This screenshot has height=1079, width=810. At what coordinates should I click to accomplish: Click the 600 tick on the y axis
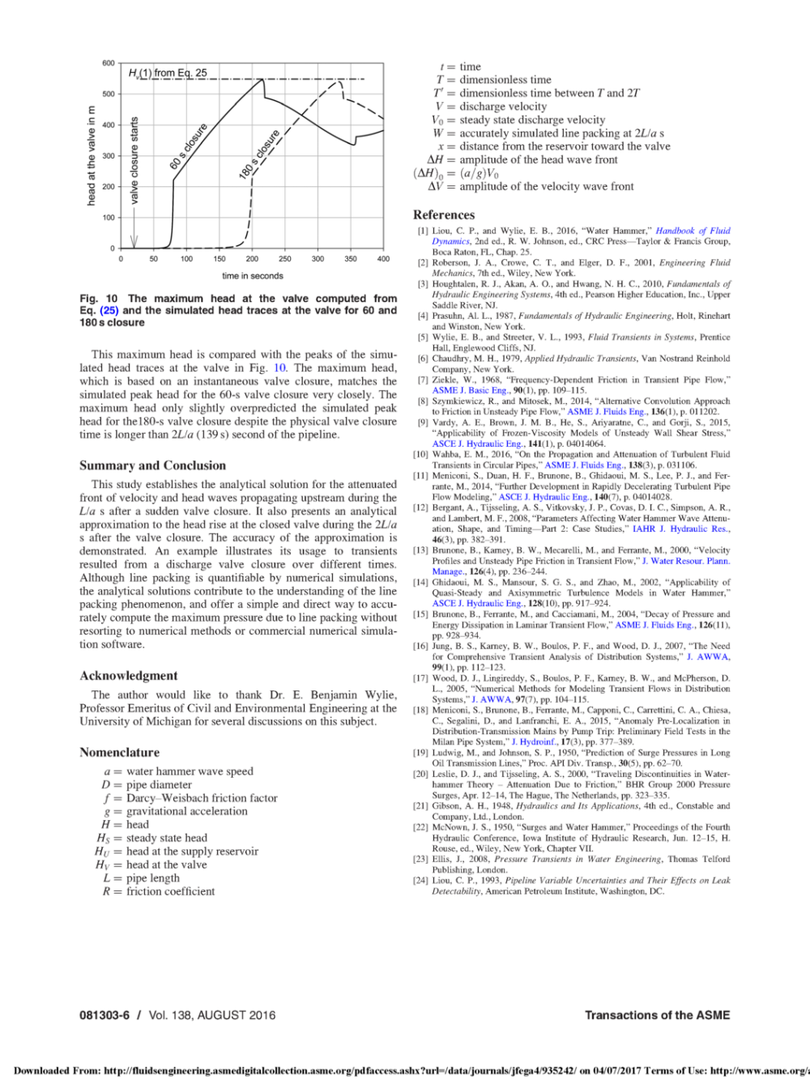(109, 63)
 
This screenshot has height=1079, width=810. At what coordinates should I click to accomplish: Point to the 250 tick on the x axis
(285, 259)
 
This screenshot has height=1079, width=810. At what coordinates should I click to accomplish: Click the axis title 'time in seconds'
(253, 276)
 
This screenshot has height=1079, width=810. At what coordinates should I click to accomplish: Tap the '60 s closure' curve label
(189, 147)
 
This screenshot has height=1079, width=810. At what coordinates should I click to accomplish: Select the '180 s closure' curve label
(259, 154)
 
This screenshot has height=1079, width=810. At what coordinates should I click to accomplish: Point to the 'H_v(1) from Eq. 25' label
(168, 73)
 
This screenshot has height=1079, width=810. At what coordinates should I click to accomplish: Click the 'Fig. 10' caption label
(99, 299)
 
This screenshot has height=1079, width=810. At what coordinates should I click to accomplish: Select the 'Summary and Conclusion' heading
(152, 465)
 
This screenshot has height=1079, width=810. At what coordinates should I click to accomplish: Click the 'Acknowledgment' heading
(128, 676)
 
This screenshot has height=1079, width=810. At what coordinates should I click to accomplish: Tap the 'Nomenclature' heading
(119, 752)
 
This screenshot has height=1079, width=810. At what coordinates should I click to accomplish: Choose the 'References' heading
(444, 215)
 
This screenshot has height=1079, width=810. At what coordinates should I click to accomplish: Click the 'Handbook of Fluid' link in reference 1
(693, 231)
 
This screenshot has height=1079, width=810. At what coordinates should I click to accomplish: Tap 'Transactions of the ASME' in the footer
(657, 1015)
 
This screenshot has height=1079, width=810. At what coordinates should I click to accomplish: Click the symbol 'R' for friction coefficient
(106, 891)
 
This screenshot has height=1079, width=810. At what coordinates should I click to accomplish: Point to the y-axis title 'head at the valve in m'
(91, 155)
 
